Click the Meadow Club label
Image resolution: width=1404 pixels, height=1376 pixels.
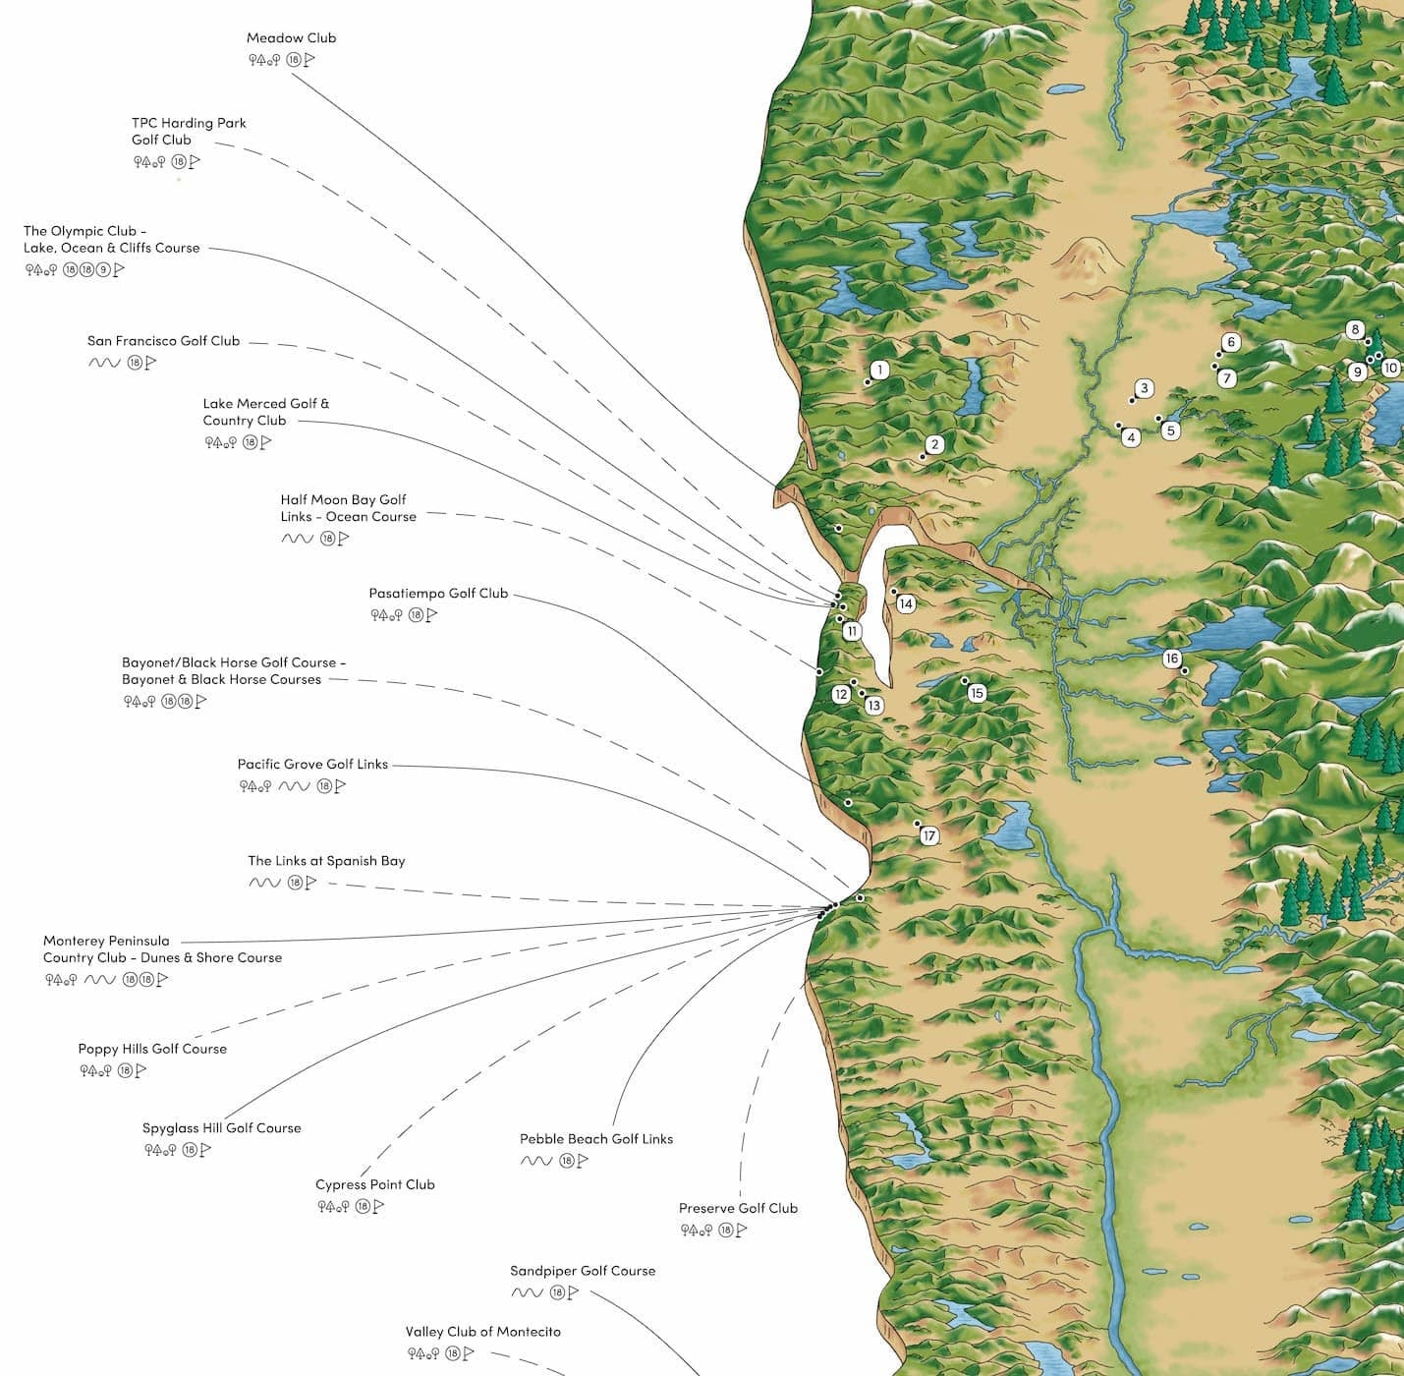point(291,38)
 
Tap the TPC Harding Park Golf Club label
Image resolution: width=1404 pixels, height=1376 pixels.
point(189,131)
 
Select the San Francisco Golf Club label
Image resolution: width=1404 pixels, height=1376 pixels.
point(163,341)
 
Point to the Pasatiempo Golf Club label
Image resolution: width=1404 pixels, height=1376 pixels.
point(438,594)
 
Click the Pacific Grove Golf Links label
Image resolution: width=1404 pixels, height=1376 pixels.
point(312,764)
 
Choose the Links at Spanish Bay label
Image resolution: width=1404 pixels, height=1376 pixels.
point(326,861)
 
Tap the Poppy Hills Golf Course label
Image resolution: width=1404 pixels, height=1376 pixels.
point(152,1049)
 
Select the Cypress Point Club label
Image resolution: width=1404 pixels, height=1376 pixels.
point(374,1184)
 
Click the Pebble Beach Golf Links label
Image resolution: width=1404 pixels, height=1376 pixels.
point(596,1139)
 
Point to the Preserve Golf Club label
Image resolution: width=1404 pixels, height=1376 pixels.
point(738,1208)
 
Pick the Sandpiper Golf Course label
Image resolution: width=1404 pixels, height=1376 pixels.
point(583,1271)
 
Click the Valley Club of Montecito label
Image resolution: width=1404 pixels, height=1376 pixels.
point(483,1332)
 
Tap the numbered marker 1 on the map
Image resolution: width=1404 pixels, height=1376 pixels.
point(880,370)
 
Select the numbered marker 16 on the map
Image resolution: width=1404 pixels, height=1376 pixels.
point(1171,659)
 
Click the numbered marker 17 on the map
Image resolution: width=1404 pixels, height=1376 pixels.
point(929,836)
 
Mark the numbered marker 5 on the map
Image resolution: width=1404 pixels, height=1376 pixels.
point(1170,430)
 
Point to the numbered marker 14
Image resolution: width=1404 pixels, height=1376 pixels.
point(906,604)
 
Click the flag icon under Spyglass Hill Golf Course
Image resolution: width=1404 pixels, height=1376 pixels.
point(205,1150)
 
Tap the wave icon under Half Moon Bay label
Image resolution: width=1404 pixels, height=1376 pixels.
point(297,539)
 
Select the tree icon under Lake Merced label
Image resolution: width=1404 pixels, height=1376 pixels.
point(221,442)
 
